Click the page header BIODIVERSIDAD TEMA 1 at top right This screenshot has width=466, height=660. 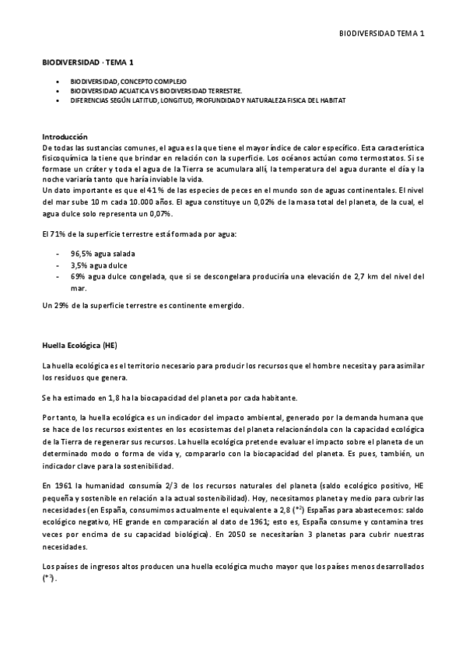point(383,33)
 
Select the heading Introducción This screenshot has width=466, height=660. point(65,136)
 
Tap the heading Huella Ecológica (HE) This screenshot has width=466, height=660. point(79,344)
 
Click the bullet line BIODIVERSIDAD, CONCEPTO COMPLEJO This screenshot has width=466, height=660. point(128,81)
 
